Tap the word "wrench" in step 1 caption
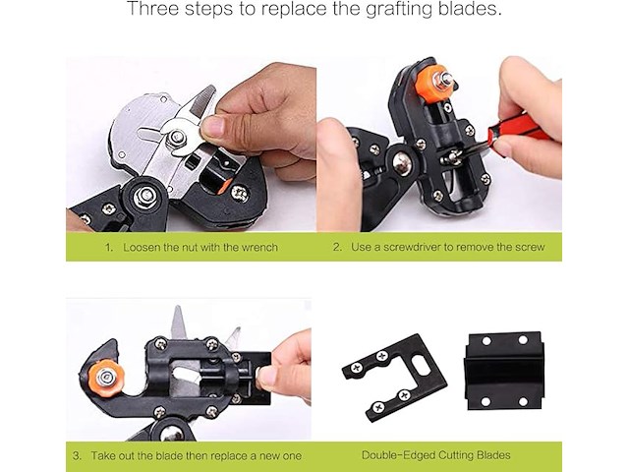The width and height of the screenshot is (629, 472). (259, 247)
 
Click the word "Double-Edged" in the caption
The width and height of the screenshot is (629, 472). (397, 455)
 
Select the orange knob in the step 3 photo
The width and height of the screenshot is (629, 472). (106, 378)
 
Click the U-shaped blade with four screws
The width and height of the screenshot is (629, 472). (395, 378)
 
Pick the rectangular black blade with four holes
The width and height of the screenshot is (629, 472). (504, 371)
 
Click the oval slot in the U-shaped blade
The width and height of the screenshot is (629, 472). (422, 365)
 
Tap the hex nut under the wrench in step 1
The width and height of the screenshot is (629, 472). (177, 138)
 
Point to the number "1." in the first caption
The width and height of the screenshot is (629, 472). (109, 247)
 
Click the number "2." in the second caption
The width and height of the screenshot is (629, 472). (337, 247)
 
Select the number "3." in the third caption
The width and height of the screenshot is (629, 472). (78, 456)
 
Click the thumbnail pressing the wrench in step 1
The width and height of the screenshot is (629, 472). (212, 126)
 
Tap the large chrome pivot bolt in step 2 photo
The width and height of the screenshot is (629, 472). (402, 161)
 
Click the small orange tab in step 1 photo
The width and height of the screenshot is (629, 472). (225, 185)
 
